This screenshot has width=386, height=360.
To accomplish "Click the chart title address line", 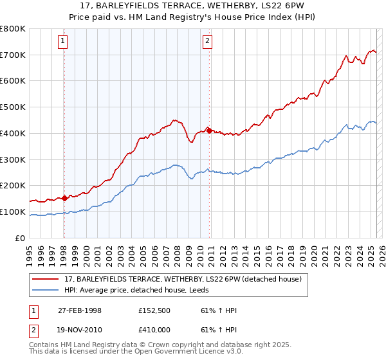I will point(193,5).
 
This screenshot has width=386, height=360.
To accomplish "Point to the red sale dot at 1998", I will point(64,198).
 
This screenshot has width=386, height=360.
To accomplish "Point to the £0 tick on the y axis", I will point(21,238).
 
